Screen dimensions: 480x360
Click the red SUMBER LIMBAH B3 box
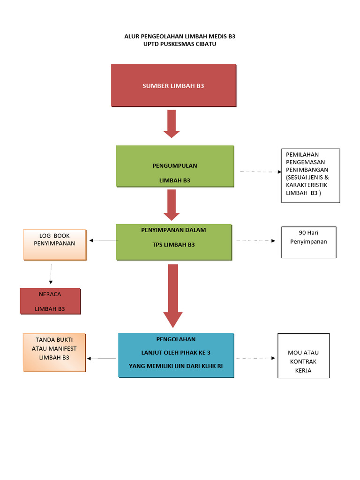click(x=173, y=86)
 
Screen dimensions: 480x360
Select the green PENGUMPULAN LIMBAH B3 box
click(x=174, y=166)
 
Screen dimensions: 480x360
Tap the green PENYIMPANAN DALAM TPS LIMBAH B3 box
click(x=173, y=241)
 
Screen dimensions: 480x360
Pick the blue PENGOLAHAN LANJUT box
click(x=176, y=355)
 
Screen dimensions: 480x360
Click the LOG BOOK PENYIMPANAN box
click(x=54, y=244)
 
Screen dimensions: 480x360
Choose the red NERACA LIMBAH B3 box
click(x=50, y=301)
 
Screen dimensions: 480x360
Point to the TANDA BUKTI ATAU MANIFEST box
click(x=54, y=352)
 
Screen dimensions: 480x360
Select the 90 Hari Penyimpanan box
click(x=308, y=242)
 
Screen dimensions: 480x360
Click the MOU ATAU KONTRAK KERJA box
click(x=303, y=355)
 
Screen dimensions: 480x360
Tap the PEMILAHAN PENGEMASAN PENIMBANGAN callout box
click(x=310, y=175)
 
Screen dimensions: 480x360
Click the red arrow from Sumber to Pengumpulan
click(x=172, y=123)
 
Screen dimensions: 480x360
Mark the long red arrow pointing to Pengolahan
click(x=173, y=295)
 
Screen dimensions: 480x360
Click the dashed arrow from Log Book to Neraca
click(x=51, y=274)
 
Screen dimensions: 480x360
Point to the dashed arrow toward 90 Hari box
click(x=256, y=240)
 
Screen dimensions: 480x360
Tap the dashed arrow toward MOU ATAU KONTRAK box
click(x=256, y=358)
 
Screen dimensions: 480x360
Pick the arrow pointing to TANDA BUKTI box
click(x=101, y=358)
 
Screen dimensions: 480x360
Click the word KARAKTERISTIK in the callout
click(x=307, y=185)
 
